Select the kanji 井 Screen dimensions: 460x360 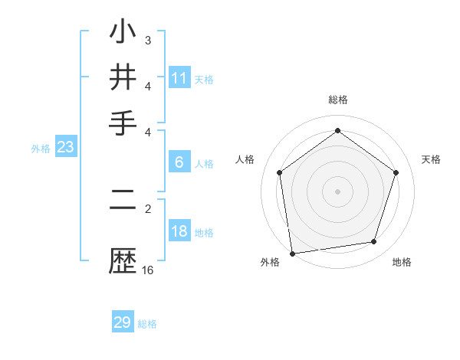click(123, 78)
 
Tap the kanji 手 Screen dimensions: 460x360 click(123, 122)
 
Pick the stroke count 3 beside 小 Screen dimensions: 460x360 click(148, 39)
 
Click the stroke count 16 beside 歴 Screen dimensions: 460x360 click(148, 270)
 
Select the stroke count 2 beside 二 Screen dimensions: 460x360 click(148, 208)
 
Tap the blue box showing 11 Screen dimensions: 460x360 click(179, 78)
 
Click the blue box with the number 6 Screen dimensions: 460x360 click(179, 162)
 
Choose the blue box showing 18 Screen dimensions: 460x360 click(179, 232)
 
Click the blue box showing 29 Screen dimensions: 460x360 click(123, 322)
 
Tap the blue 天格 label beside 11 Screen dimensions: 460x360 click(204, 79)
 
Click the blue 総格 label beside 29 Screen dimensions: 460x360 click(147, 324)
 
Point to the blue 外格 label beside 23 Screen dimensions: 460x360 click(41, 149)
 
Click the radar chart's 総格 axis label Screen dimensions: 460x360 click(337, 100)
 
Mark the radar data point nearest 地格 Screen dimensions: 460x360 click(374, 242)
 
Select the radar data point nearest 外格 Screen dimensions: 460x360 click(292, 253)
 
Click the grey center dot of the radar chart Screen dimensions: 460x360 click(337, 191)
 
